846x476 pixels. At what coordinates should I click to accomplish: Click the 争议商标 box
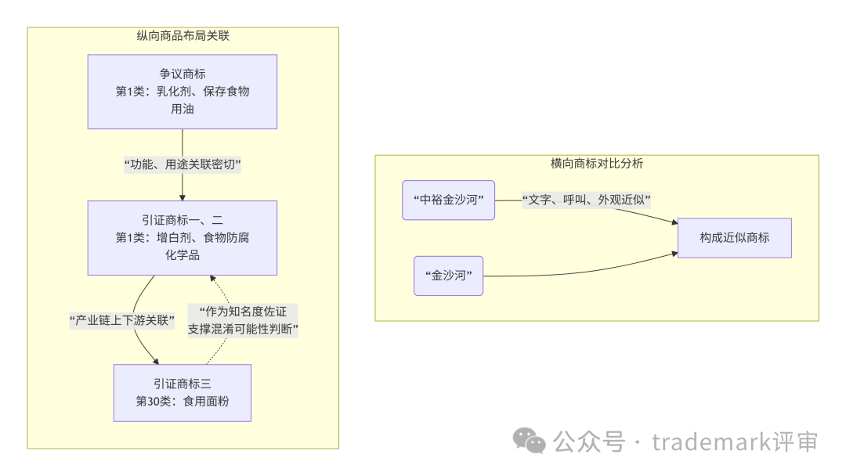click(183, 91)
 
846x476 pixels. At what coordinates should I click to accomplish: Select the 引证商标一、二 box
click(183, 237)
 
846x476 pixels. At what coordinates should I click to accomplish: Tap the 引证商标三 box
click(183, 392)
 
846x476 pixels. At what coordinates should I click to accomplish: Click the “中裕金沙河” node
click(448, 200)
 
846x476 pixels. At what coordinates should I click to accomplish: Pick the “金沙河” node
click(448, 276)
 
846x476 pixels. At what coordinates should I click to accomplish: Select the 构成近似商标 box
click(735, 237)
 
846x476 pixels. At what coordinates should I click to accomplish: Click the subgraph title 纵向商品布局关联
click(183, 35)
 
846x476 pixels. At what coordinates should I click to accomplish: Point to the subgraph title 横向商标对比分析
click(597, 164)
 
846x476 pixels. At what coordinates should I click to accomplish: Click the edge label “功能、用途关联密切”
click(183, 164)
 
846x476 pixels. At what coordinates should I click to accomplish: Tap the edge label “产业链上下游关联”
click(121, 319)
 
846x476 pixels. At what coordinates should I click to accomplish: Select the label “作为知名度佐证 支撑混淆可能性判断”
click(244, 319)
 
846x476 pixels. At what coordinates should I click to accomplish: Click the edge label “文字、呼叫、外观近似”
click(587, 200)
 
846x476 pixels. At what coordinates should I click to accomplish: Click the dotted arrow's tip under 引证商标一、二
click(210, 279)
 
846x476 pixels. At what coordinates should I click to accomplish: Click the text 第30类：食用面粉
click(183, 401)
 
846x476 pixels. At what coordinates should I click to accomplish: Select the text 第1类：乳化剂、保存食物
click(183, 92)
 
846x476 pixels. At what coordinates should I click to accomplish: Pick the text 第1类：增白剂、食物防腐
click(183, 238)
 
